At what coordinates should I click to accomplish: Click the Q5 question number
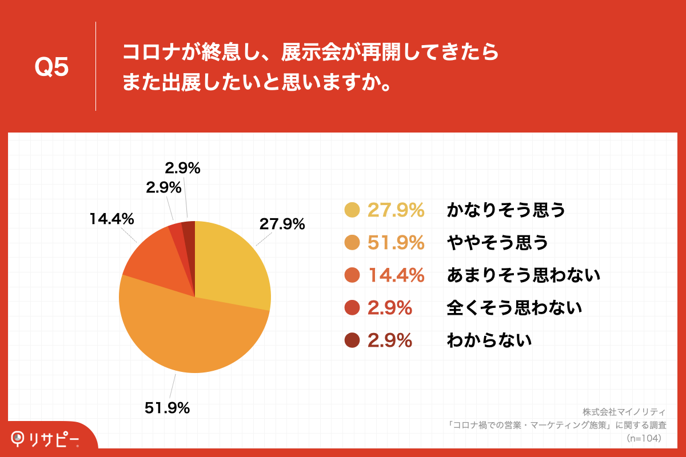click(x=51, y=68)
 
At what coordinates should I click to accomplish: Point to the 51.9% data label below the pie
click(x=166, y=408)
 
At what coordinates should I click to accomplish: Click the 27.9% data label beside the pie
click(x=282, y=224)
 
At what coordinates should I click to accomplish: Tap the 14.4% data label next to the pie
click(x=111, y=218)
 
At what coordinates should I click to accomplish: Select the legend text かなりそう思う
click(x=505, y=210)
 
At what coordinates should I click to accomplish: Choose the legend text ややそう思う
click(x=497, y=243)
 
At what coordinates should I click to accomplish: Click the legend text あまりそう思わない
click(x=523, y=275)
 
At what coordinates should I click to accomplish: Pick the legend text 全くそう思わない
click(x=514, y=308)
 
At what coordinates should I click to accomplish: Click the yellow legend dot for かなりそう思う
click(x=352, y=210)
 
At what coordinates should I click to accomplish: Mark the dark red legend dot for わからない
click(x=352, y=340)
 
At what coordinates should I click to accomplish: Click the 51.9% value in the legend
click(x=396, y=243)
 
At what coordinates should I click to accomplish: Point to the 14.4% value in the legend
click(x=396, y=275)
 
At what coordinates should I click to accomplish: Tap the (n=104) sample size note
click(x=644, y=438)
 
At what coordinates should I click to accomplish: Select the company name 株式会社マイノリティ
click(x=624, y=411)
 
